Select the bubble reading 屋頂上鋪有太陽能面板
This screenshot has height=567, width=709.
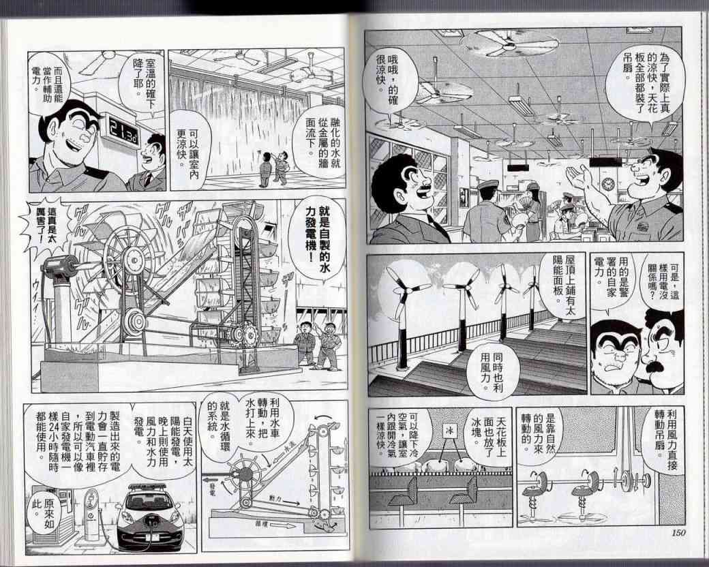560,281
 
